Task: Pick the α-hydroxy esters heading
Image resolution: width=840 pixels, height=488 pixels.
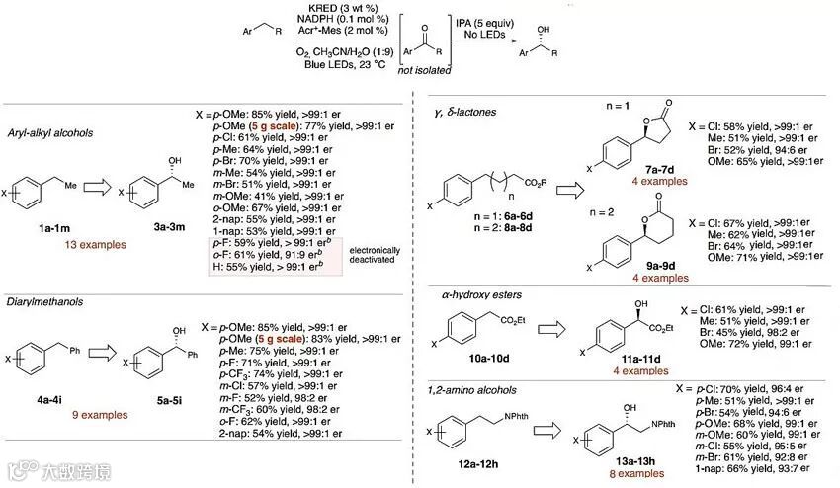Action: [x=482, y=294]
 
